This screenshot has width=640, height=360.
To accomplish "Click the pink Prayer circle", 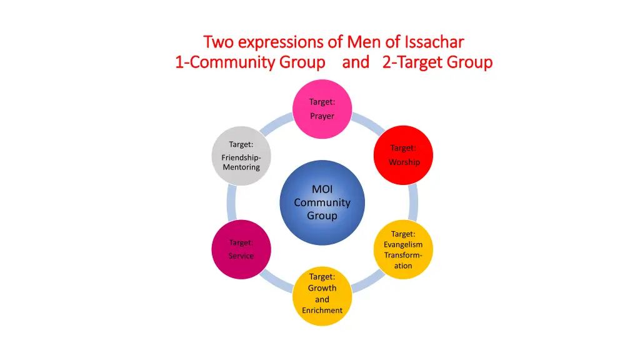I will pos(322,108).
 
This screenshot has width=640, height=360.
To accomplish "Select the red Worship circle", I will pos(403,155).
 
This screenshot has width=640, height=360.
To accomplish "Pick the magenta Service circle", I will pos(241,249).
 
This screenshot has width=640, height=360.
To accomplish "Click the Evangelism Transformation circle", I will pos(403,249).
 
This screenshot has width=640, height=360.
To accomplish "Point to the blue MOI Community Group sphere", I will pos(322,202).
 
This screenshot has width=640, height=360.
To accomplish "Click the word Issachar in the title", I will pos(434,42).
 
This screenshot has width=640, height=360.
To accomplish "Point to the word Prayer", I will pos(322,116).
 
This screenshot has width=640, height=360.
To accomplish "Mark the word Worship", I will pos(404,162).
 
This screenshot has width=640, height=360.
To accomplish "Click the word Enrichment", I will pos(322,310).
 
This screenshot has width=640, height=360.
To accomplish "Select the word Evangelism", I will pos(403,244).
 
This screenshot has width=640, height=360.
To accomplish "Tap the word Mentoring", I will pos(241,167).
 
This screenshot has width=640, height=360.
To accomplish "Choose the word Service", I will pos(241,256).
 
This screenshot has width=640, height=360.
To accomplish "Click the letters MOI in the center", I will pos(322,189).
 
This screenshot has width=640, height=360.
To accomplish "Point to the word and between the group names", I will pos(355,62).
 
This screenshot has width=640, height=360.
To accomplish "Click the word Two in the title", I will pos(218,42).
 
